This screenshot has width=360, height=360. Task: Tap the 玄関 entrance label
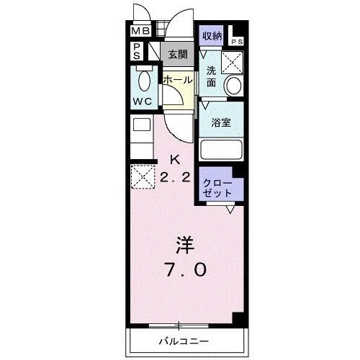177,53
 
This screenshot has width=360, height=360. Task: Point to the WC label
141,101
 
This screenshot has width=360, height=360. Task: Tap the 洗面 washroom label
212,76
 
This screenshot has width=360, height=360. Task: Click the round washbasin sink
233,86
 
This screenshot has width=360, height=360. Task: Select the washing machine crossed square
232,62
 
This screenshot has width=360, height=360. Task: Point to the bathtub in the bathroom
220,150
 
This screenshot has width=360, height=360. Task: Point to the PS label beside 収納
238,41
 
